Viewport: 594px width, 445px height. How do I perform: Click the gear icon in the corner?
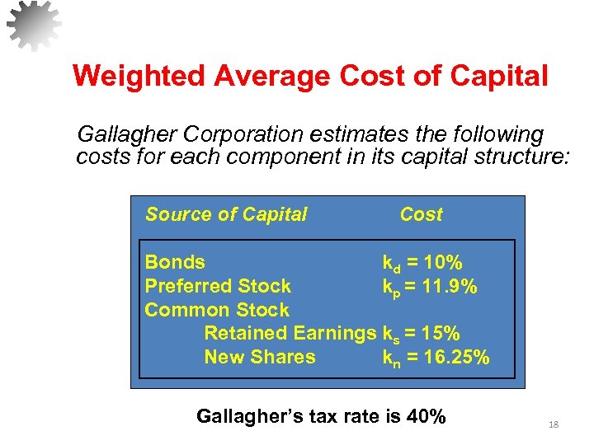(33, 26)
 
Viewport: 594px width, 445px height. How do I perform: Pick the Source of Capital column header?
(226, 215)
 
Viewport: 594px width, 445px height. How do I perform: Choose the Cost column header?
(421, 215)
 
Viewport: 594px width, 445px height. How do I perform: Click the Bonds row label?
(175, 263)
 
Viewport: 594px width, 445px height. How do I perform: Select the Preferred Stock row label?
(218, 287)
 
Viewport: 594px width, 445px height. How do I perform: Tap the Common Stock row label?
(217, 311)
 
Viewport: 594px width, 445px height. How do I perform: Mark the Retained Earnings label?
(290, 334)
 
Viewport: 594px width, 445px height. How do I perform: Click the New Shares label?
(260, 358)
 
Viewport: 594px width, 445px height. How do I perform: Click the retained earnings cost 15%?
(439, 334)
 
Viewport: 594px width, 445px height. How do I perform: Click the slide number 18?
(554, 424)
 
